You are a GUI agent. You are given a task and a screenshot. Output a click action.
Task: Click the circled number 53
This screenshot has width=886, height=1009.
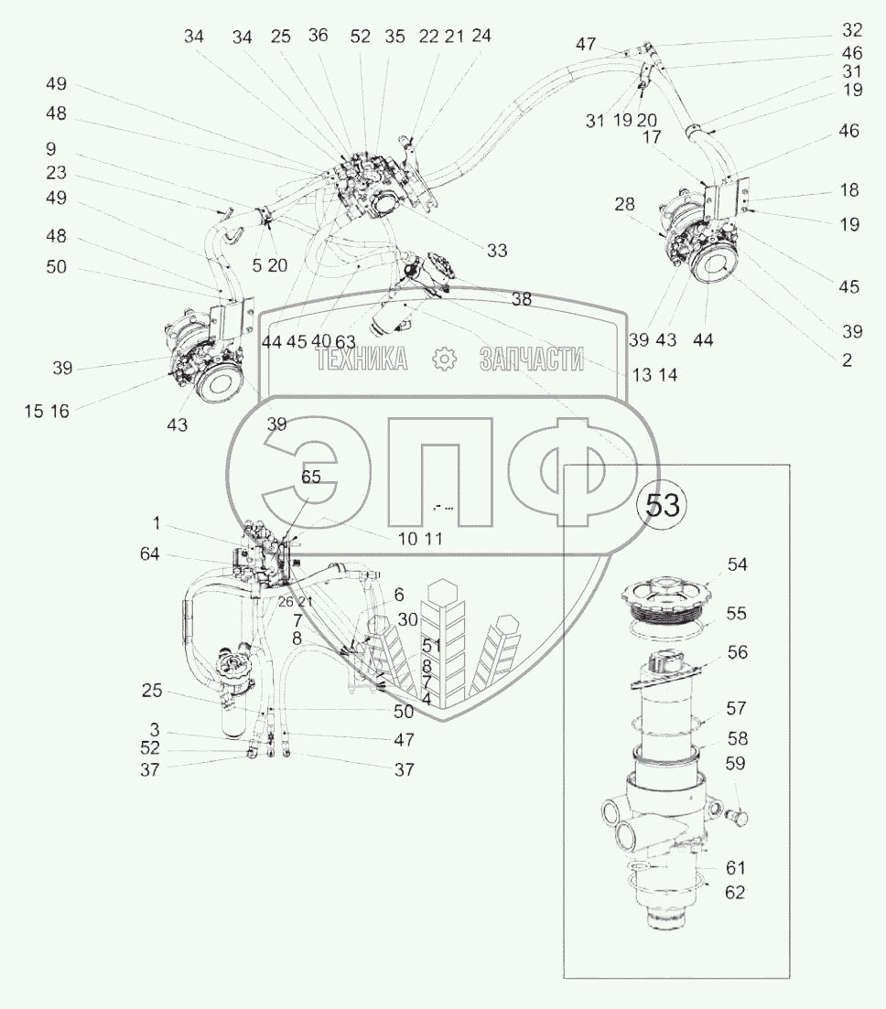coord(664,506)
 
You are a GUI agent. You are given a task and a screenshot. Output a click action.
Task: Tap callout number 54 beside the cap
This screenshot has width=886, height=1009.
coord(737,565)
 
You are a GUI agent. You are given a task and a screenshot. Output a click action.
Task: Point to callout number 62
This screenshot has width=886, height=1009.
coord(734,892)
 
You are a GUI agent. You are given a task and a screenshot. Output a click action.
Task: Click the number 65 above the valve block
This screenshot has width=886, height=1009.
coord(311,477)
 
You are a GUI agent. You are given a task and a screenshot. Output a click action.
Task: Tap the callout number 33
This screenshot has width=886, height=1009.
coord(497,251)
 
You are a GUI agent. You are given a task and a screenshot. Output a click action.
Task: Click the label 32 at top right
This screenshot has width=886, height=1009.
coord(852,29)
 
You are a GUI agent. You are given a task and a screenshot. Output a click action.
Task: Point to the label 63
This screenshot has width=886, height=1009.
coord(345,341)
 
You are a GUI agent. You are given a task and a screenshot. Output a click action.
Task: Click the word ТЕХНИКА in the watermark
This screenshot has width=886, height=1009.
coord(362,360)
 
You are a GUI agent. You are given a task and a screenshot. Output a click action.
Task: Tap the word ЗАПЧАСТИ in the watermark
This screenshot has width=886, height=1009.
coord(531,360)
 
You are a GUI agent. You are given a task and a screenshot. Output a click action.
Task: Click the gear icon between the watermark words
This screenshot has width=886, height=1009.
coord(444,360)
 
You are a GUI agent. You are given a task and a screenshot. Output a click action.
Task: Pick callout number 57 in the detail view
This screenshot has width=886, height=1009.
coord(737,708)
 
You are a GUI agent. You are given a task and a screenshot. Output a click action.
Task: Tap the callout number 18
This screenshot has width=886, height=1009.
coord(849,190)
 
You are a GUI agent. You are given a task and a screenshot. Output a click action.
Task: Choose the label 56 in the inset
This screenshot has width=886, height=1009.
coord(737,652)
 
